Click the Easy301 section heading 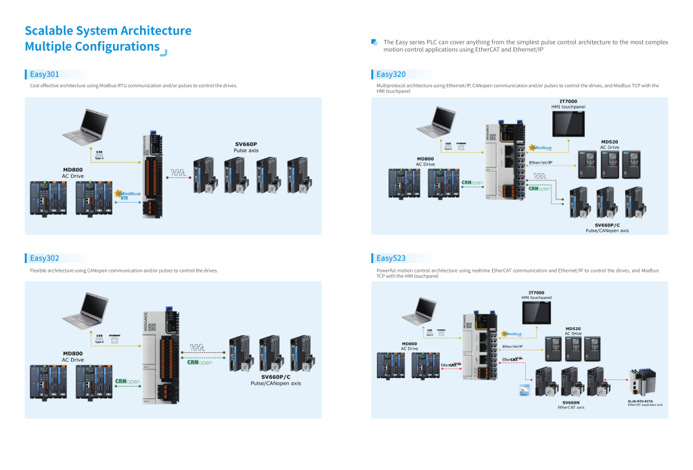(45, 74)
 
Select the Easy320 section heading (391, 74)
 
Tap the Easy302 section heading (45, 258)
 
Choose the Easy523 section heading (391, 258)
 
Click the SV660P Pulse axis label (246, 147)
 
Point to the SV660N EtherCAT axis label (571, 404)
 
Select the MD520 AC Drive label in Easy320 (609, 145)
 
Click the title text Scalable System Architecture (108, 31)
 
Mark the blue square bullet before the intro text (374, 42)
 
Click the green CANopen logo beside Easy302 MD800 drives (128, 382)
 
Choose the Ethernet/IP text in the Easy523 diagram (512, 348)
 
